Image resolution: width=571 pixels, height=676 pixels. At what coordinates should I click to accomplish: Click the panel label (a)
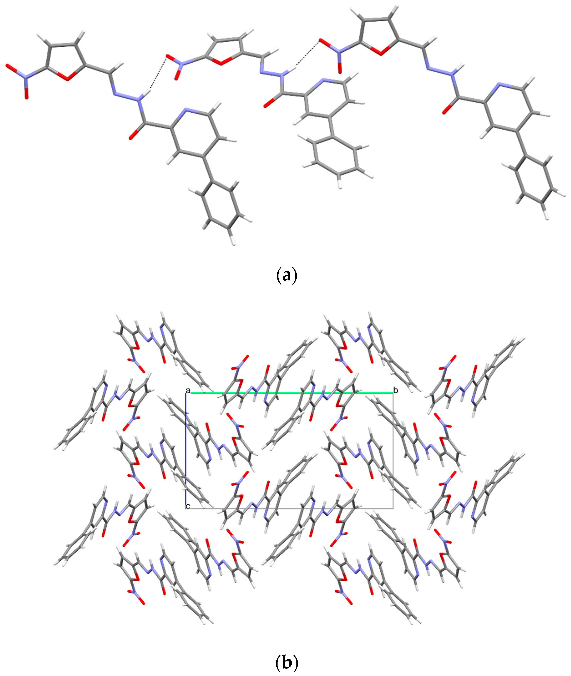[286, 276]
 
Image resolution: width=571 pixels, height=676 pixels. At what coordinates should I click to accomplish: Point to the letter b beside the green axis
[396, 390]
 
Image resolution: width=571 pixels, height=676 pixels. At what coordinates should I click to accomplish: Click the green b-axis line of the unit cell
[291, 393]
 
